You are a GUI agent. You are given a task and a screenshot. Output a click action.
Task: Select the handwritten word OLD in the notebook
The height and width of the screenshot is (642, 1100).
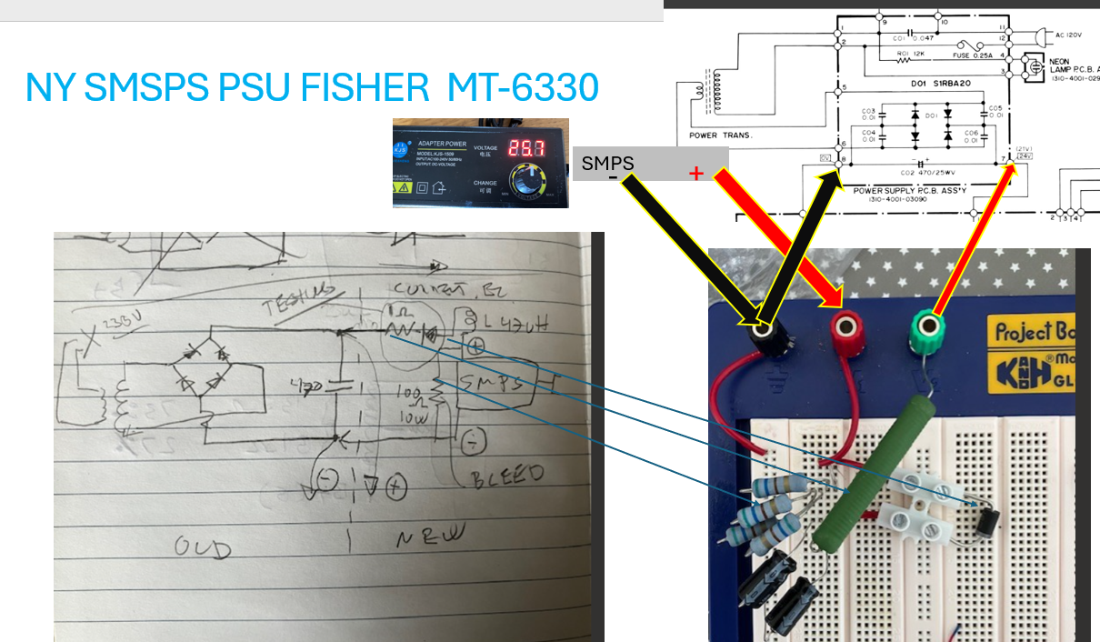(203, 547)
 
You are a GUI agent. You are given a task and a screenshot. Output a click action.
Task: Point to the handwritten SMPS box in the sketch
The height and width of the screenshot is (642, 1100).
(495, 386)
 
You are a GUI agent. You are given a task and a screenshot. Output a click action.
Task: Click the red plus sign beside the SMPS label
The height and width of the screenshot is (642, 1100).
(696, 173)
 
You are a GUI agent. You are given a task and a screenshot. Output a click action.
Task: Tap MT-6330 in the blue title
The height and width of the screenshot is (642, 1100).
(523, 87)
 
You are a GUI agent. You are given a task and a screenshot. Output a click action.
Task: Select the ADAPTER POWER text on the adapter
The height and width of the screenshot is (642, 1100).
(442, 143)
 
